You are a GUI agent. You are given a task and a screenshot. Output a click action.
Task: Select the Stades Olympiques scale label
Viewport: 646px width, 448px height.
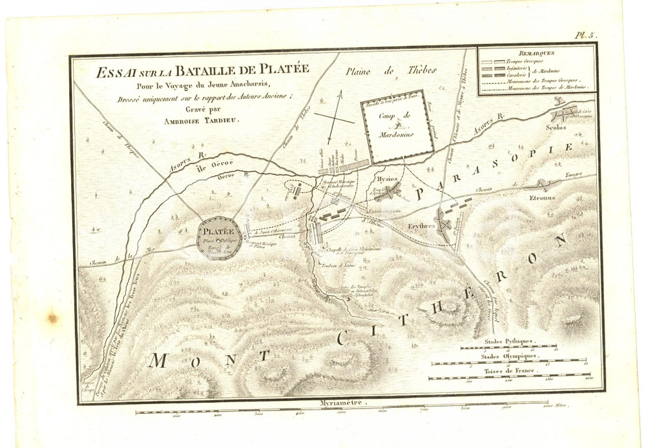coord(508,356)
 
